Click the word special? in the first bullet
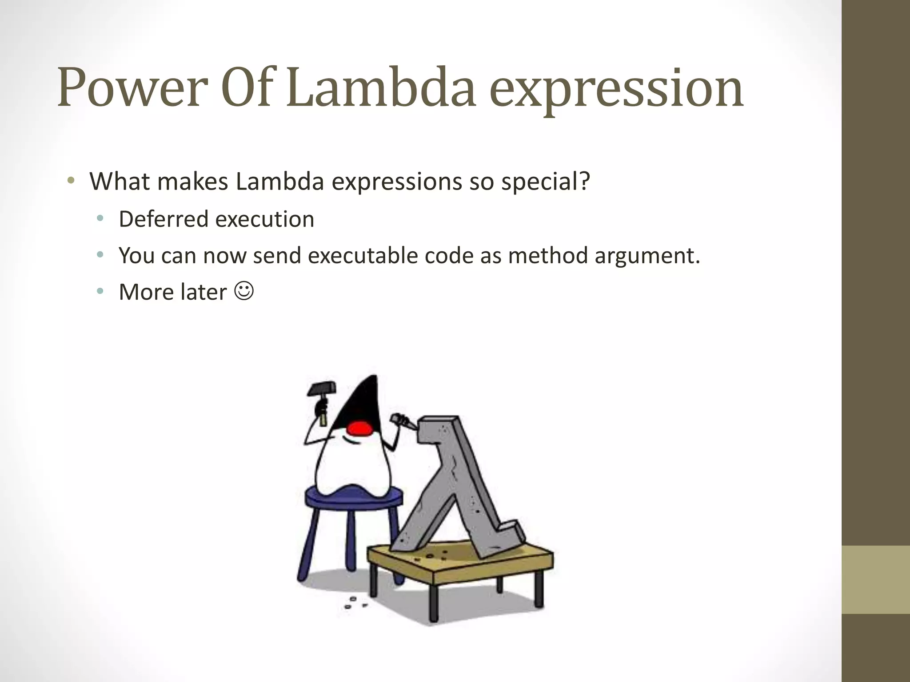(x=546, y=182)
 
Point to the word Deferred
(x=163, y=219)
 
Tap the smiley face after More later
(x=244, y=291)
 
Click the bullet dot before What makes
(x=71, y=181)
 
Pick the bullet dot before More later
(x=100, y=291)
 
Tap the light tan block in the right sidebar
(x=875, y=579)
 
